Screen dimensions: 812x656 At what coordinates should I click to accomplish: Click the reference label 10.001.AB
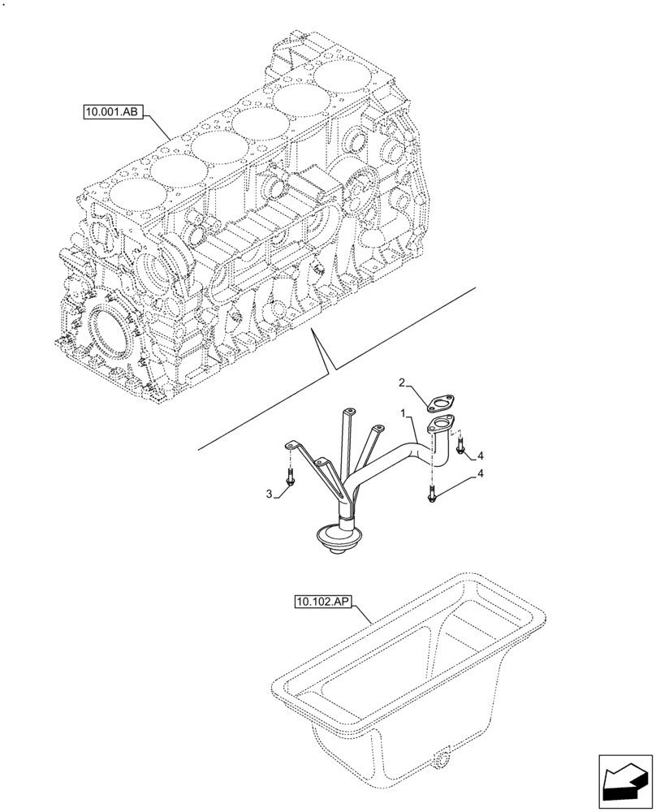112,112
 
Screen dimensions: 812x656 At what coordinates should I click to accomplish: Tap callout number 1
403,413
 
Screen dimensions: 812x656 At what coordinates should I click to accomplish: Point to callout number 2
401,382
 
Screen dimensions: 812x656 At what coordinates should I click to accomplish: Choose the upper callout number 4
481,454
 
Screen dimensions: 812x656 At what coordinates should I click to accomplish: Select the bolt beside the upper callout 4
460,444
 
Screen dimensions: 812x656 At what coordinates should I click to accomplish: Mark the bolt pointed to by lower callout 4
431,493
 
